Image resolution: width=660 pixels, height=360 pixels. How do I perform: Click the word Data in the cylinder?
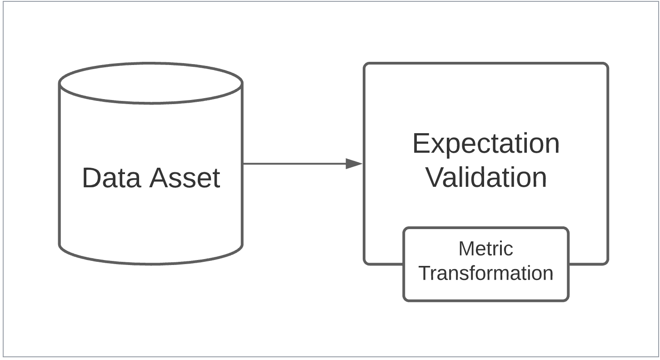point(111,178)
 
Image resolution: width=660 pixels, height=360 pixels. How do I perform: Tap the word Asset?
point(185,178)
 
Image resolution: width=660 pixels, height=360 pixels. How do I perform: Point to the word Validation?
point(486,177)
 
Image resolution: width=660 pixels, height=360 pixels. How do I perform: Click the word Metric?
point(486,249)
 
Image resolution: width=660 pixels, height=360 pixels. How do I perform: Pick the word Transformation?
point(486,273)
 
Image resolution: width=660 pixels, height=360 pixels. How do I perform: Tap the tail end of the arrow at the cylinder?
point(243,164)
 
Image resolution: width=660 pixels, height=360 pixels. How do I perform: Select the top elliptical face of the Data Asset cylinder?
point(151,83)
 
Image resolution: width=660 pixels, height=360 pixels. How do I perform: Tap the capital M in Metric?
point(466,249)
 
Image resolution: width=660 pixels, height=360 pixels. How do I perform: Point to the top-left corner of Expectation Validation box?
point(364,63)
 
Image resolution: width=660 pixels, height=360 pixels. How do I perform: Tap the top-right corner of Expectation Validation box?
point(608,63)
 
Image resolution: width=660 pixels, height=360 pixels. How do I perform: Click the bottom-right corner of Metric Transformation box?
point(568,301)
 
